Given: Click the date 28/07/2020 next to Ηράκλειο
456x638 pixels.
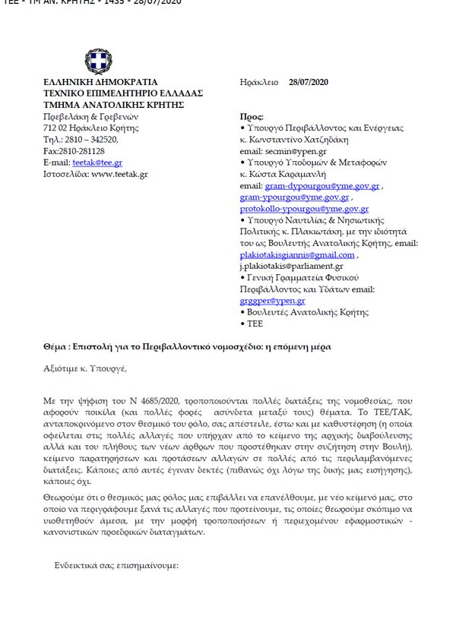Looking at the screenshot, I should pyautogui.click(x=309, y=82).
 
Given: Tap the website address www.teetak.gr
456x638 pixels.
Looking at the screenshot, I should pyautogui.click(x=119, y=174).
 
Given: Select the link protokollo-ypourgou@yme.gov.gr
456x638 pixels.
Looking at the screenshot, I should pyautogui.click(x=304, y=208).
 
